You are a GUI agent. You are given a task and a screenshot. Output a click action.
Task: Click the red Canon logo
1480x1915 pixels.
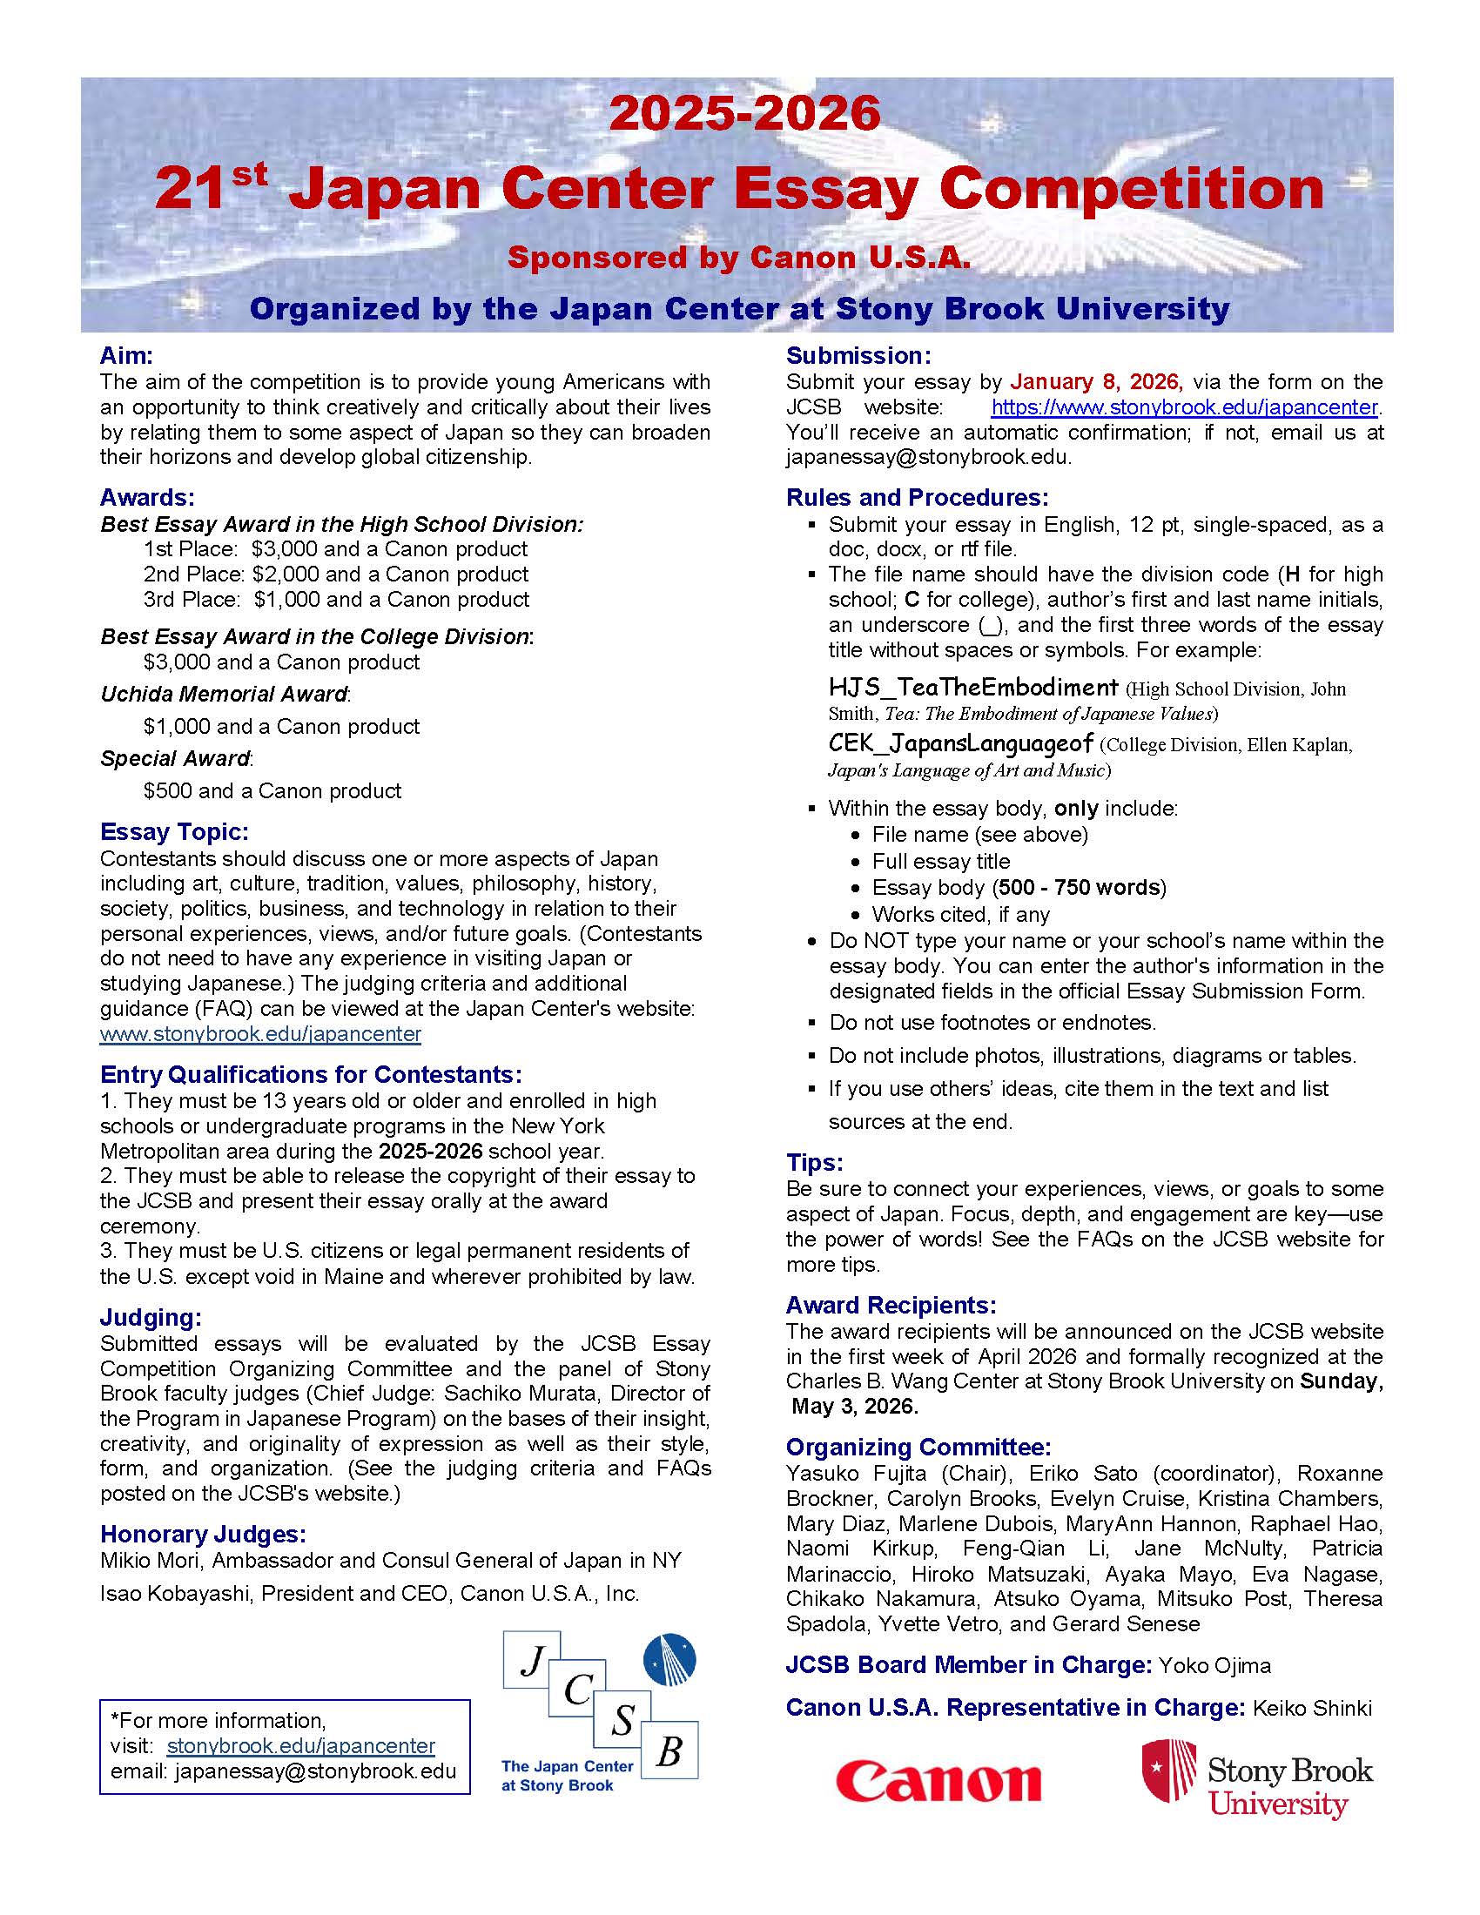tap(938, 1781)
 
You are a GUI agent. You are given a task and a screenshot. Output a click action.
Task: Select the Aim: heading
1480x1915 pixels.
tap(126, 355)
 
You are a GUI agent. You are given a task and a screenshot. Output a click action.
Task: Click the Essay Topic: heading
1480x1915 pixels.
tap(174, 831)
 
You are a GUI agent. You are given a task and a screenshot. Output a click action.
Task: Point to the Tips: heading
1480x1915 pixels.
tap(815, 1163)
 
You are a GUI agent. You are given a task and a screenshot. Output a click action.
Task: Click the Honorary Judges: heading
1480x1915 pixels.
tap(203, 1534)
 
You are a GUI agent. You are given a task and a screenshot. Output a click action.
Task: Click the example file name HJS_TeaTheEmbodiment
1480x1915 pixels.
tap(973, 687)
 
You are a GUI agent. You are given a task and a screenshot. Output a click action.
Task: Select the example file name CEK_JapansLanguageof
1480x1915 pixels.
tap(961, 743)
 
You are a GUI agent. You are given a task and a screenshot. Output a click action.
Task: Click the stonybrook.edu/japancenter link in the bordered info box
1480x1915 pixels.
tap(300, 1746)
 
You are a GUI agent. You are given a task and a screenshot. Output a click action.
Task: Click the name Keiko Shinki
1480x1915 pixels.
tap(1312, 1708)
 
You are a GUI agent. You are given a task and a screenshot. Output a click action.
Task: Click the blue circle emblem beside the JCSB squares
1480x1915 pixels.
tap(669, 1661)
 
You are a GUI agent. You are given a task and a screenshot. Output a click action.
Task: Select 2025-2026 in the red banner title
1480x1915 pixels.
tap(744, 113)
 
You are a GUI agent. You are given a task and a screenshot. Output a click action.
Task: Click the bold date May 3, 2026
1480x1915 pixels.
tap(854, 1407)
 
